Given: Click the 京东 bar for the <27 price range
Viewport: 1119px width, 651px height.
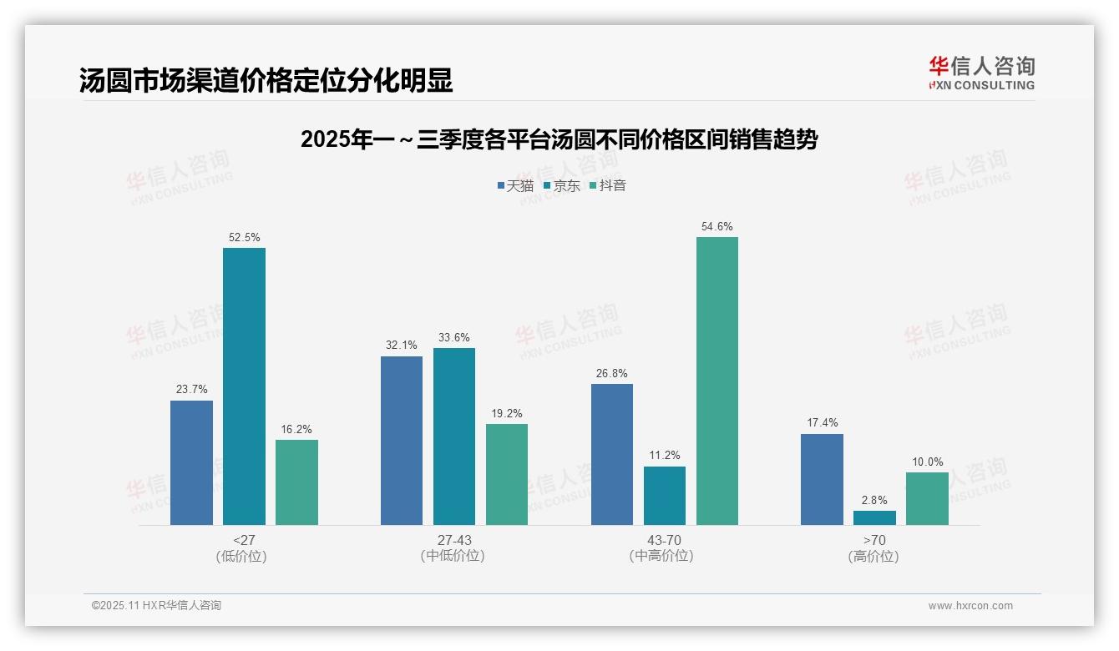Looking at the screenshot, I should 244,386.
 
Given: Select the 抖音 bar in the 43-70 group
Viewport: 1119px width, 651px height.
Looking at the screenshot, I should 717,381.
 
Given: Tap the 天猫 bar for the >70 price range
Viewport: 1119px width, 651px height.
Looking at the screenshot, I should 822,479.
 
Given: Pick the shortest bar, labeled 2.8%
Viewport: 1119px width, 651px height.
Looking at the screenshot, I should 874,517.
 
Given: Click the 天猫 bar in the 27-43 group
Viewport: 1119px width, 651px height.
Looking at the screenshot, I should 402,441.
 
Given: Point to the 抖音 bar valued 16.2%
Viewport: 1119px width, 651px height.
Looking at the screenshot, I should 296,482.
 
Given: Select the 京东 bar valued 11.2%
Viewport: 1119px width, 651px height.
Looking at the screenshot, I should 665,496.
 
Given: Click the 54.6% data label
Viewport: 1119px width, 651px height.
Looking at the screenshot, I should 717,227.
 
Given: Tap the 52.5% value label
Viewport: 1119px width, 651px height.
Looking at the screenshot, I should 244,238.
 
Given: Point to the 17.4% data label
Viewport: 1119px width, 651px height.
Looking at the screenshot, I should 822,423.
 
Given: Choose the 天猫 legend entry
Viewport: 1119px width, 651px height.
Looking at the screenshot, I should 515,185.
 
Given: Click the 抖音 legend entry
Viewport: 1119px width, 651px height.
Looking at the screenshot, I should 608,185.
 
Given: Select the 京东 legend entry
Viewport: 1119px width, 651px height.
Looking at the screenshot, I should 562,185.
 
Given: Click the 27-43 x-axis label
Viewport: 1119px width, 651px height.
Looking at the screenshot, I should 454,540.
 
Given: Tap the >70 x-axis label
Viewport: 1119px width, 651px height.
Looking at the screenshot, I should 874,540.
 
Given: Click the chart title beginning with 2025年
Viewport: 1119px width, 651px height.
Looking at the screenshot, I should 559,139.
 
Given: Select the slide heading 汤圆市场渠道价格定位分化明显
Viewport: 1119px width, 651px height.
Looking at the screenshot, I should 266,80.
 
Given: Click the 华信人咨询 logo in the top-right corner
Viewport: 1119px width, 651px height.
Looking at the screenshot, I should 981,73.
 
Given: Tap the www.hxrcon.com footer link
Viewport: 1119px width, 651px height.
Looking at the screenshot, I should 970,606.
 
